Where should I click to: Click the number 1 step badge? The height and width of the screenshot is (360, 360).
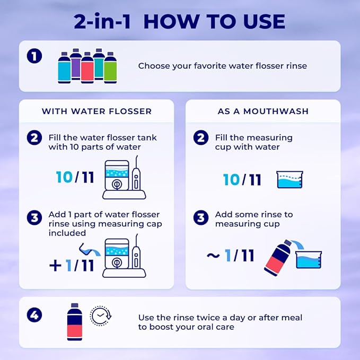tap(34, 56)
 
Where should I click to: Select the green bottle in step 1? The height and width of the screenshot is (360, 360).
tap(110, 68)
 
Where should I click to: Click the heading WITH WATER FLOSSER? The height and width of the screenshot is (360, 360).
tap(96, 111)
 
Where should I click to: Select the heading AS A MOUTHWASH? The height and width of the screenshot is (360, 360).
tap(263, 111)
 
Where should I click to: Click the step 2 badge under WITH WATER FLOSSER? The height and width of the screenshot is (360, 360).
tap(34, 138)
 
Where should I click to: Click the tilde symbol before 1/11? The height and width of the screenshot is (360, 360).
tap(213, 256)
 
